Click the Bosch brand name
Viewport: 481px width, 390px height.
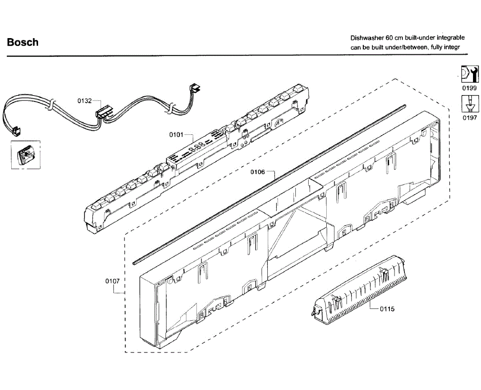[x=23, y=42]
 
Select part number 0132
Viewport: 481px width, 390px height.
[x=85, y=101]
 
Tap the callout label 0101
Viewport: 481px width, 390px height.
[x=176, y=135]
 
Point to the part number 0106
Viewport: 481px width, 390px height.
[x=258, y=172]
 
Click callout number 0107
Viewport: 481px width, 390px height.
[x=113, y=281]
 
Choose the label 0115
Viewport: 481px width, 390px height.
[x=387, y=309]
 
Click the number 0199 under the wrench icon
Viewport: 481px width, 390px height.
[x=469, y=88]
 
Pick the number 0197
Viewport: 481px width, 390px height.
[x=469, y=118]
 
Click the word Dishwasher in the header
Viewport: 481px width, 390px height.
[x=367, y=38]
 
